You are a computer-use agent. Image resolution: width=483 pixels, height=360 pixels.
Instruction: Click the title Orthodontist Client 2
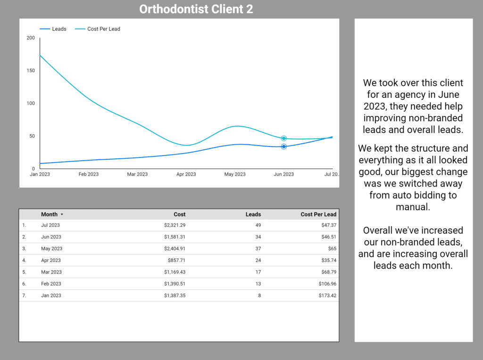196,9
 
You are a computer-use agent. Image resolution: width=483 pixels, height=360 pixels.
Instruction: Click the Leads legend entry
59,29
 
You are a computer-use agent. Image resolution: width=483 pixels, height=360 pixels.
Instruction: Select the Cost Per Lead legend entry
103,29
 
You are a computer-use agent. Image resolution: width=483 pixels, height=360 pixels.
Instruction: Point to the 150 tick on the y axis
31,70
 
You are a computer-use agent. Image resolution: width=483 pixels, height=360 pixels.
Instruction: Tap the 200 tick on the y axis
31,38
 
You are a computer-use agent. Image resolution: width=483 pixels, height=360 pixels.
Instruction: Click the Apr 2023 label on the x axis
186,174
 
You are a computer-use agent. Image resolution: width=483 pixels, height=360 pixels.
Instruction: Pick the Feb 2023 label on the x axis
89,174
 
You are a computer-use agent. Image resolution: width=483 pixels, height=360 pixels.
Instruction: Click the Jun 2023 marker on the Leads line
284,147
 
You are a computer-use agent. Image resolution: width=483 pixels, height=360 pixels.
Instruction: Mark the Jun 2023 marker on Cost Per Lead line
284,139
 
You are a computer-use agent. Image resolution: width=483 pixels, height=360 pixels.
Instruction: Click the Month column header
49,214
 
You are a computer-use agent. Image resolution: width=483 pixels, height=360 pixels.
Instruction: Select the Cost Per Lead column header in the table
318,214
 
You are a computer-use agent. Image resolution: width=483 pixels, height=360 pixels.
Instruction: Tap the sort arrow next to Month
62,214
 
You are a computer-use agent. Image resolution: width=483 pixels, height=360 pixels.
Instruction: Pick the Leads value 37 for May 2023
258,248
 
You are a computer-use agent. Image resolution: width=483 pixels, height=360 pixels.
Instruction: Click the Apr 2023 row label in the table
51,260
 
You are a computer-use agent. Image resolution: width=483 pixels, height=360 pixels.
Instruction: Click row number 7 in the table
24,295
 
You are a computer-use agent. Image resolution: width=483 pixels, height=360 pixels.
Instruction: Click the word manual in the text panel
413,207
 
